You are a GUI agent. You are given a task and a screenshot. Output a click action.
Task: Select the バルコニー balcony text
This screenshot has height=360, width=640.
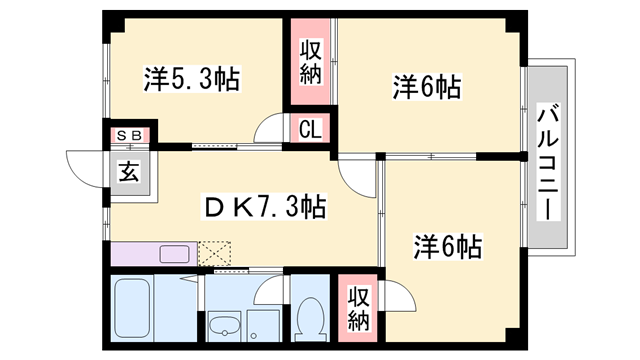click(547, 160)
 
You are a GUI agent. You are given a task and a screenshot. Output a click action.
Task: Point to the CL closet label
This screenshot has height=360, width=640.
click(310, 130)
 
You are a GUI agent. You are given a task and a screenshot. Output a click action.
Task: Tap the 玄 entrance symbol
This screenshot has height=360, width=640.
click(130, 169)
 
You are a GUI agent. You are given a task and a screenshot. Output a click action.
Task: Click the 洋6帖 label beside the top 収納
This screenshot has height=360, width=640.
click(425, 87)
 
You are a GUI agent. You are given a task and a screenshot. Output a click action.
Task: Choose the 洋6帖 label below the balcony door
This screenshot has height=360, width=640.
click(447, 246)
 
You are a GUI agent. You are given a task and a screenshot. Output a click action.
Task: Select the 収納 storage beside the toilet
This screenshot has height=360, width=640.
click(358, 307)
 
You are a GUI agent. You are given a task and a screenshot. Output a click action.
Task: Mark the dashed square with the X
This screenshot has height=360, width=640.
click(215, 253)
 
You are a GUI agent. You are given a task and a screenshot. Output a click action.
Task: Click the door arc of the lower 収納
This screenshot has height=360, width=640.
click(395, 296)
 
